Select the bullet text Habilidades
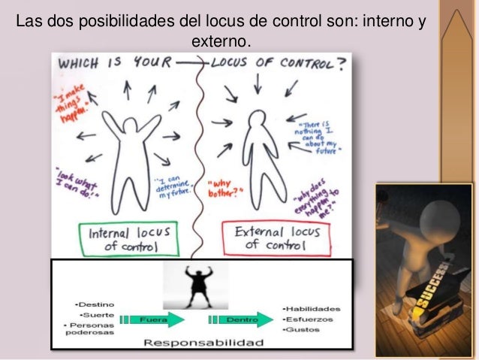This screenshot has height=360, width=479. tap(312, 308)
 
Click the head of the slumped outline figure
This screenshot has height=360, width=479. tap(258, 119)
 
